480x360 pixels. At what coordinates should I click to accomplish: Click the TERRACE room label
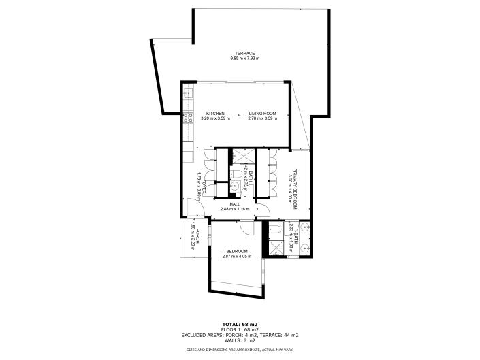click(x=244, y=53)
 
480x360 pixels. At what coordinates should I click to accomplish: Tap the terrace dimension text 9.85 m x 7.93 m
click(x=244, y=59)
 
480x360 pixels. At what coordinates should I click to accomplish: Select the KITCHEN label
click(x=215, y=113)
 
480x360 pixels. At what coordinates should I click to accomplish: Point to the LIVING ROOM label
click(x=262, y=113)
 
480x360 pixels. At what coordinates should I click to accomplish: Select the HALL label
click(x=235, y=203)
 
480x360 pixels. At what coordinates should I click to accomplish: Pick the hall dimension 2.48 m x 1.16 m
click(x=235, y=209)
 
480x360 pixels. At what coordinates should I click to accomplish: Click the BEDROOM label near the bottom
click(x=238, y=251)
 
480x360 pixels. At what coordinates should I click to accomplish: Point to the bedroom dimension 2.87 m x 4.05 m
click(x=238, y=257)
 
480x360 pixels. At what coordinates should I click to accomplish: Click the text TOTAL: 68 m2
click(x=240, y=324)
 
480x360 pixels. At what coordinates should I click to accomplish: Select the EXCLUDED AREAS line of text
click(x=240, y=336)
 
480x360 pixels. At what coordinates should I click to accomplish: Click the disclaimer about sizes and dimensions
click(x=240, y=350)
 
